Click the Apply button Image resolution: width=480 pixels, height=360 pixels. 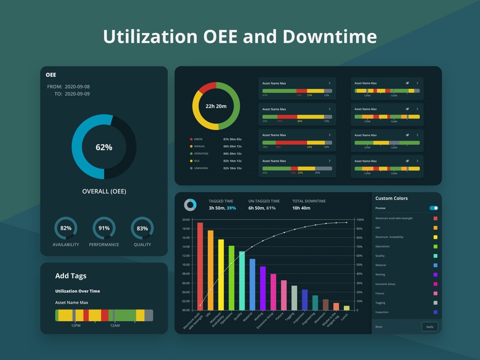tap(430, 327)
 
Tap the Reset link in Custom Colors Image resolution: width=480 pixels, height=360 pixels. tap(379, 327)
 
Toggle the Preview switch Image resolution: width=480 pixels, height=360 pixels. tap(433, 208)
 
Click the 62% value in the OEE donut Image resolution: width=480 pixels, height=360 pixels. tap(104, 147)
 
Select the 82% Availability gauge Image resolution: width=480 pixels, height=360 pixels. tap(66, 228)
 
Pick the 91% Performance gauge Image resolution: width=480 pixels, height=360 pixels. tap(104, 228)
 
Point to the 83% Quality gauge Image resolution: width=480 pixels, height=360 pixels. tap(142, 228)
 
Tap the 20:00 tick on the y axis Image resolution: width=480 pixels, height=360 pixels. tap(186, 220)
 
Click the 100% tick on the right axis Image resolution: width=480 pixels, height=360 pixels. tap(359, 220)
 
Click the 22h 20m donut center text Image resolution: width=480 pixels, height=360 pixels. tap(216, 106)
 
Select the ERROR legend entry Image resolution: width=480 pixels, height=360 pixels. tap(198, 139)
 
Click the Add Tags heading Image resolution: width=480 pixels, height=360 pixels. tap(71, 276)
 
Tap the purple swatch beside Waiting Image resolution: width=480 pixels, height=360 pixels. tap(435, 275)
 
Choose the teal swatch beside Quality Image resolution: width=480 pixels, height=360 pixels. tap(435, 256)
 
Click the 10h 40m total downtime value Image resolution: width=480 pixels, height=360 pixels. tap(301, 208)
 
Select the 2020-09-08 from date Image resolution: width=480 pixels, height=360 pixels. tap(77, 87)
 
